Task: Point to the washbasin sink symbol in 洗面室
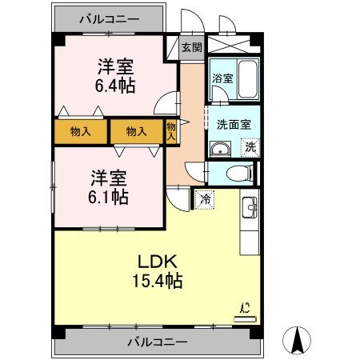pos(220,147)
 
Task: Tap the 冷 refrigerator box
pos(205,198)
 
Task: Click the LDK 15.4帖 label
pos(158,271)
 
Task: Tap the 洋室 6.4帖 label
pos(114,75)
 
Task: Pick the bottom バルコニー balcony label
pos(158,342)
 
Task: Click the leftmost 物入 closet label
pos(80,131)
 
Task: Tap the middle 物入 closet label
pos(136,131)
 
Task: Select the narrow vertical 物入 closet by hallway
pos(171,131)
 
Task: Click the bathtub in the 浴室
pos(246,78)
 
